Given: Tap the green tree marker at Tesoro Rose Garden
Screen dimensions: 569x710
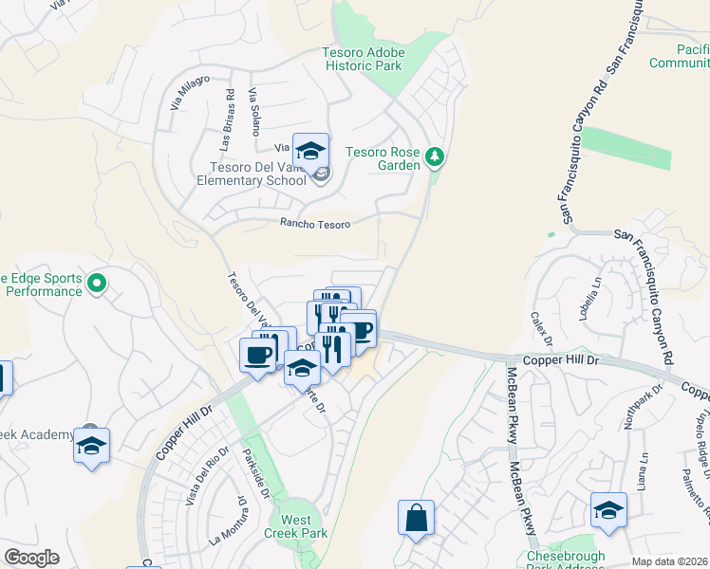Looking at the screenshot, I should (x=435, y=156).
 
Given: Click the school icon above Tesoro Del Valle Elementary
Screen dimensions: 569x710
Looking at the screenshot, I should (x=310, y=152).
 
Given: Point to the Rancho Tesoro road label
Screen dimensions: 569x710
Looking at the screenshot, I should (x=315, y=224).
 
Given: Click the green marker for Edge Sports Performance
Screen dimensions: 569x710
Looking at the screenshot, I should (x=96, y=283).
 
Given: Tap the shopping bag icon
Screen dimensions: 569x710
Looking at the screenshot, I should (x=416, y=519).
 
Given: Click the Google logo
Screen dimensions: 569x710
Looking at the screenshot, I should (x=31, y=558).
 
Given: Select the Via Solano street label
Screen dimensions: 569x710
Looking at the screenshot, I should (x=253, y=113).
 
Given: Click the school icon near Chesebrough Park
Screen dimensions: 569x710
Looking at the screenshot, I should (x=608, y=511).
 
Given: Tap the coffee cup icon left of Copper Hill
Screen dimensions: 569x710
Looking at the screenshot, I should (x=258, y=355).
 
